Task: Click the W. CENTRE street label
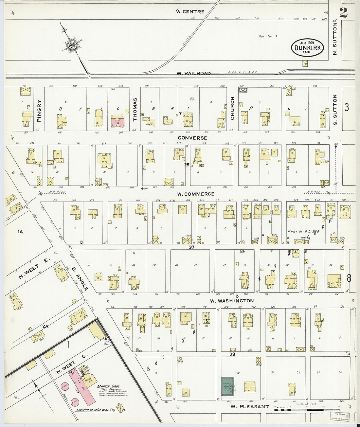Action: coord(190,12)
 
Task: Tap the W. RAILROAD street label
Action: coord(194,73)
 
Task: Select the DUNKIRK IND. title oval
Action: coord(307,48)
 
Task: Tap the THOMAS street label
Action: coord(135,109)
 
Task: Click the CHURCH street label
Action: coord(232,108)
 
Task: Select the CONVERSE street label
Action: coord(192,138)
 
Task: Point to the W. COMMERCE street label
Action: coord(196,194)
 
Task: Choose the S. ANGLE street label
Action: coord(80,279)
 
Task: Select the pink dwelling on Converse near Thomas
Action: coord(117,121)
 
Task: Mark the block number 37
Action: coord(191,247)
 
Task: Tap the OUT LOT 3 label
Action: coord(268,36)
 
